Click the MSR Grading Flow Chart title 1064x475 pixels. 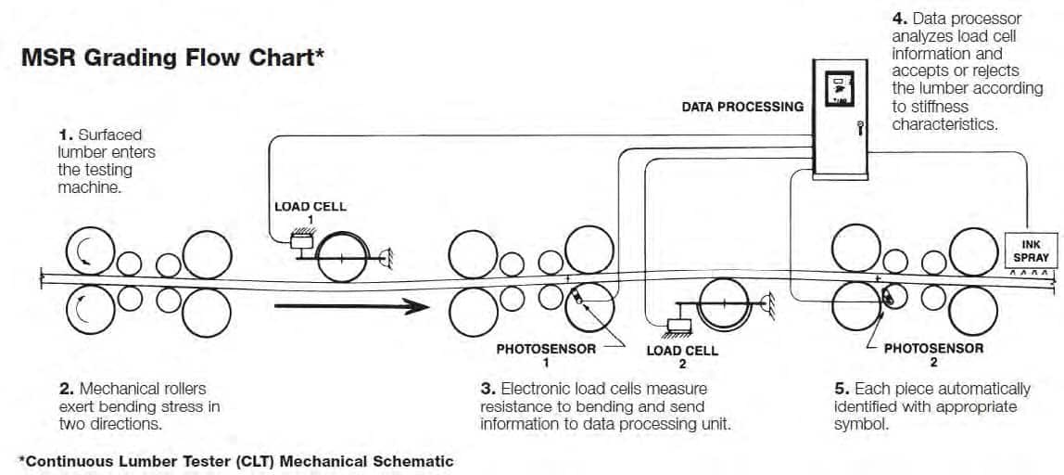point(170,58)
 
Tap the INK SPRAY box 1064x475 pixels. point(1030,250)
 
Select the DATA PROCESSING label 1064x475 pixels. point(742,107)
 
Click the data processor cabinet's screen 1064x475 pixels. point(840,88)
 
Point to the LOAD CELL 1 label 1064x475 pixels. point(310,213)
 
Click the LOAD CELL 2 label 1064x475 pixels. point(682,357)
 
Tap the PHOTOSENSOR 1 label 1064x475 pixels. point(546,355)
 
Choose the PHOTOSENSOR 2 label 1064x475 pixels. point(933,354)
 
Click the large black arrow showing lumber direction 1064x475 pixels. point(351,306)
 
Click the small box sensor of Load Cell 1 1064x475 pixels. point(300,240)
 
